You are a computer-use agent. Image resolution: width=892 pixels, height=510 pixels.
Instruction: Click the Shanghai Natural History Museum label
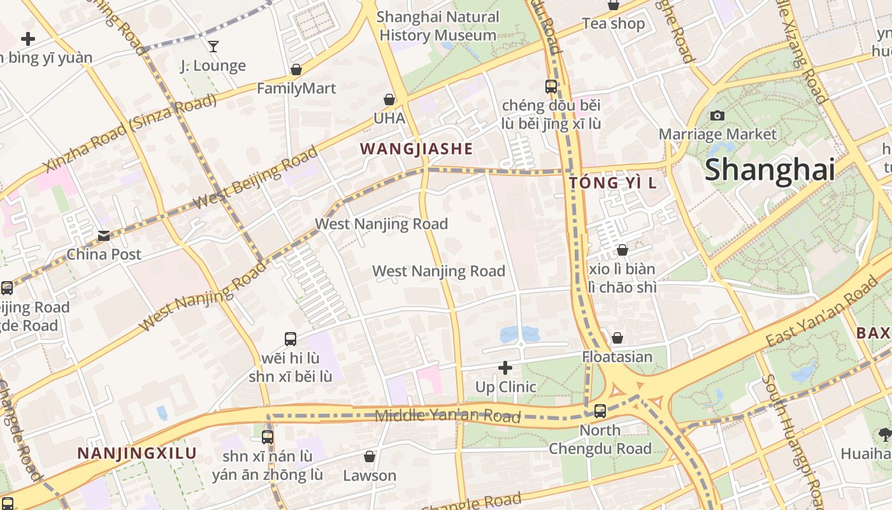tap(438, 26)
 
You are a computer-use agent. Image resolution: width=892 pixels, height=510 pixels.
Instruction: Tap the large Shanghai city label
tap(770, 170)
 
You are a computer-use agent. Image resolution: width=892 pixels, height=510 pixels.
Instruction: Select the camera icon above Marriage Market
tap(717, 115)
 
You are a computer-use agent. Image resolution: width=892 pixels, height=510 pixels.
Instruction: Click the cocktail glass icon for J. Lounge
tap(213, 46)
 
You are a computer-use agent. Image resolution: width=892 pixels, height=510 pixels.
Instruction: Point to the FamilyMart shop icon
tap(296, 69)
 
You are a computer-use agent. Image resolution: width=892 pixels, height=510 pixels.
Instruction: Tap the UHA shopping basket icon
tap(389, 99)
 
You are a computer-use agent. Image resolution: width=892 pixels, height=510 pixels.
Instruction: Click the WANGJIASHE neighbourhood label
tap(416, 149)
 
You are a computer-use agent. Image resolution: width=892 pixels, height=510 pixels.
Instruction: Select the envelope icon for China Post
tap(104, 236)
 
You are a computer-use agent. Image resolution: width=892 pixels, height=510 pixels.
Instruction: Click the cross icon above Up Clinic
tap(505, 368)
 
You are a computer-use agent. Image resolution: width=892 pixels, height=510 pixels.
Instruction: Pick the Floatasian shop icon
tap(617, 338)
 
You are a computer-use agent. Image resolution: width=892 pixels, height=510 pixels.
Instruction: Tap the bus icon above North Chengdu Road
tap(600, 411)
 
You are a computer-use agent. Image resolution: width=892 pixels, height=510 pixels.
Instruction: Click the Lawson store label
tap(370, 476)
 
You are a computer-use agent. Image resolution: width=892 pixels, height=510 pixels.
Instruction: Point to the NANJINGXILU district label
tap(137, 454)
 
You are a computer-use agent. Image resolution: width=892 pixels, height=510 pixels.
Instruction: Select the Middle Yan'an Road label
tap(447, 416)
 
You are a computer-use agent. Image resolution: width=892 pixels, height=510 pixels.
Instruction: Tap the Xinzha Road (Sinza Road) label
tap(131, 135)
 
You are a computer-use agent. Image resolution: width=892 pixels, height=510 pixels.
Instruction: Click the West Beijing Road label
tap(255, 177)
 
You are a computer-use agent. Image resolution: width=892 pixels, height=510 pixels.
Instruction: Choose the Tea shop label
tap(613, 24)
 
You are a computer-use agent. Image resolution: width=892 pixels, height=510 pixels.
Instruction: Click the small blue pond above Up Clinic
tap(519, 334)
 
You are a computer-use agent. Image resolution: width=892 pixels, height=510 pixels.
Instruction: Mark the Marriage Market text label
tap(717, 135)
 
